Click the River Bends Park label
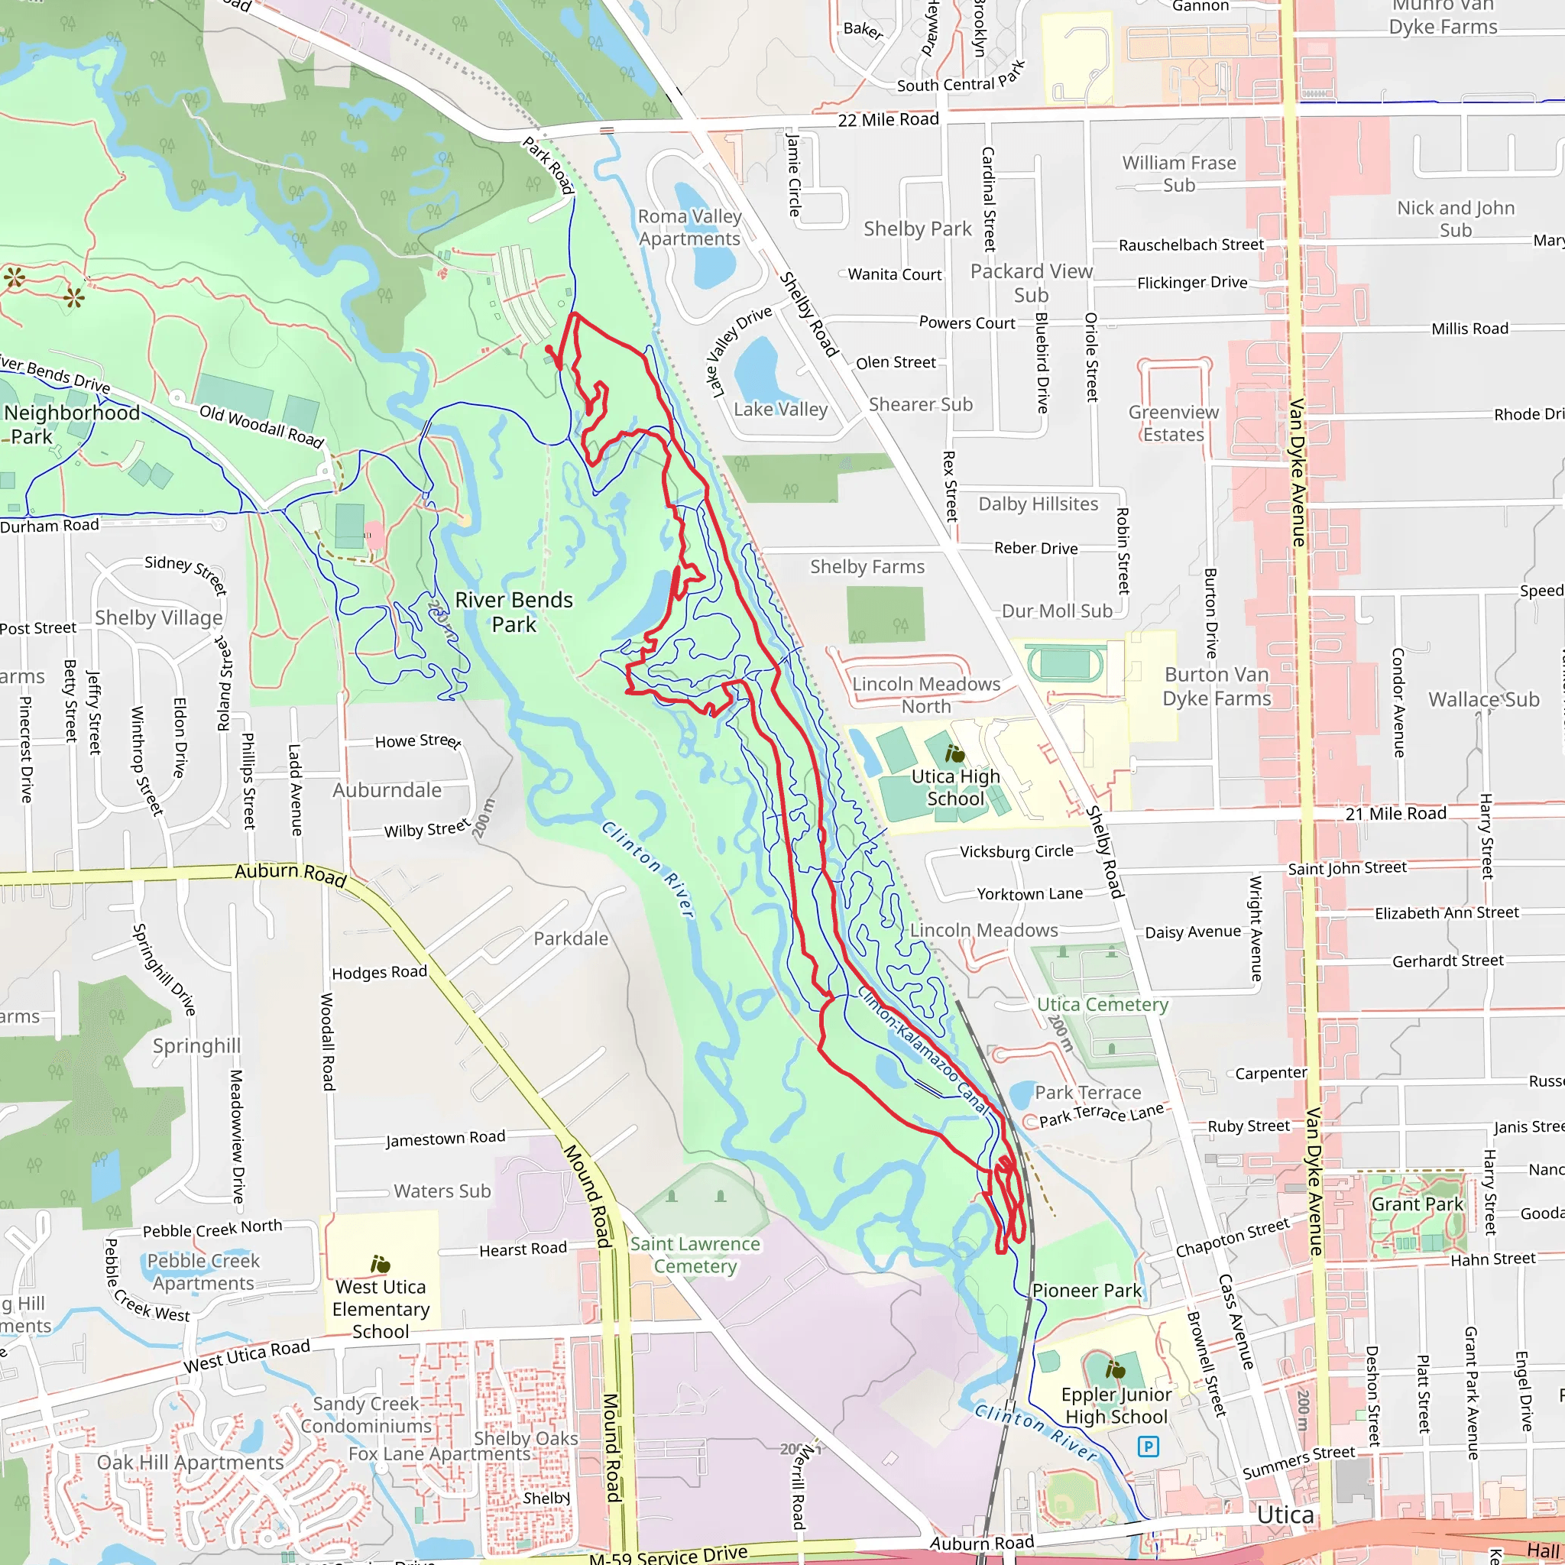click(514, 611)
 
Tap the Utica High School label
click(955, 787)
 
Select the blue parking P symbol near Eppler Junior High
click(1148, 1446)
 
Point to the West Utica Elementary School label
click(381, 1309)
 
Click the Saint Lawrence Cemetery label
click(695, 1255)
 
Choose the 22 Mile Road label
click(888, 120)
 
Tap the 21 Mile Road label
click(1395, 813)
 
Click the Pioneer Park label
click(1087, 1291)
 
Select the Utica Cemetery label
click(1103, 1004)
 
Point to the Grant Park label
click(1417, 1204)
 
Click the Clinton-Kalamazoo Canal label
click(922, 1050)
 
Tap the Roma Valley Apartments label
click(689, 228)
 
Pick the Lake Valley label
click(780, 409)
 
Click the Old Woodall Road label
click(261, 426)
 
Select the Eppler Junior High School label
click(1116, 1405)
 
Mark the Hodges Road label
click(379, 972)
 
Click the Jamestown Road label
click(445, 1138)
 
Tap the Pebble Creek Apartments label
click(203, 1272)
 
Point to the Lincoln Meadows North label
click(926, 695)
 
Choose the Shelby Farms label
click(867, 566)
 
